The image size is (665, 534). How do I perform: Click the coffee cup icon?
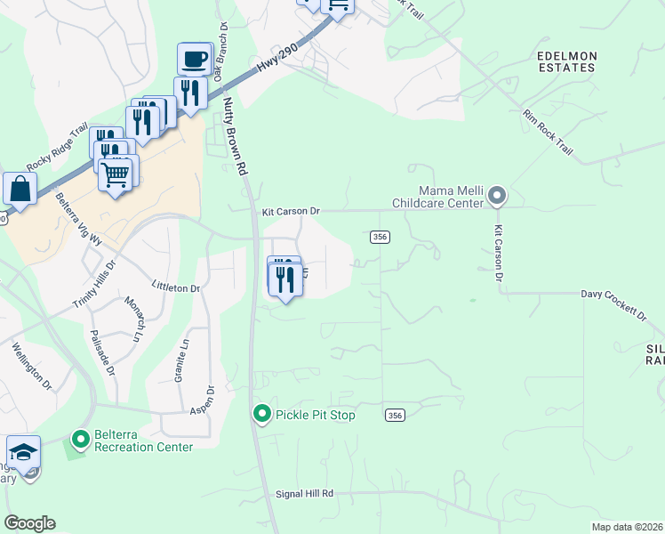pos(195,60)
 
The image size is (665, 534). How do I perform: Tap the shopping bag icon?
pos(19,189)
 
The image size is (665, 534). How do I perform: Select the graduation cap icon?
pos(23,450)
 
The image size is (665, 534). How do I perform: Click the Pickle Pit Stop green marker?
pos(262,415)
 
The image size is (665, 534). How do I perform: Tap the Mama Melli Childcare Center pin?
pos(497,196)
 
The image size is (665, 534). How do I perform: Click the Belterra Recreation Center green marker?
pos(81,439)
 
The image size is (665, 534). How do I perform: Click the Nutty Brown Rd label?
pos(234,136)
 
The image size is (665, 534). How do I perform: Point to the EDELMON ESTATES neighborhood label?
pos(566,61)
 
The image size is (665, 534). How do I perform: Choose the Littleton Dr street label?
pos(176,288)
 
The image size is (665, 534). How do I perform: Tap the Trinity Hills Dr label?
pos(94,286)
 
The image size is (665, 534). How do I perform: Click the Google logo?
pos(29,523)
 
